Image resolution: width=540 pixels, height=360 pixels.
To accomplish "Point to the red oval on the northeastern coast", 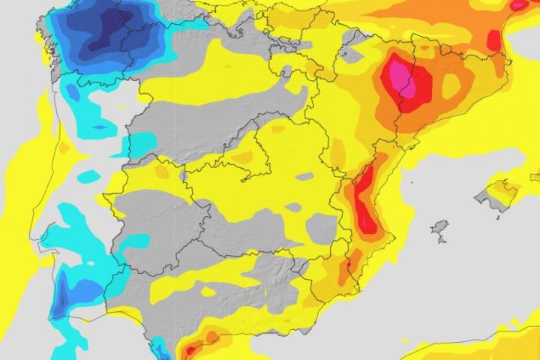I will [x=493, y=39].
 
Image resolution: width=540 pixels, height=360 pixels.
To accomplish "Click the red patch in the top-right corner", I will [x=518, y=4].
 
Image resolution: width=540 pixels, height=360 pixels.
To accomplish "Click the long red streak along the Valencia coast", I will [x=365, y=199].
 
